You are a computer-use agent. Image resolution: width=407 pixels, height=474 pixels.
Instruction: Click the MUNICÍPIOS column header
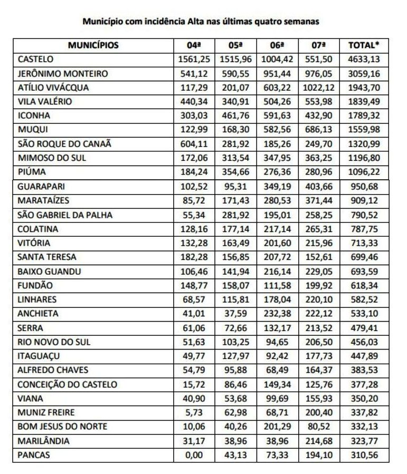(x=93, y=45)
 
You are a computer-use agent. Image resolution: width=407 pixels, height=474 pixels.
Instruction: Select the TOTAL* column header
(x=364, y=45)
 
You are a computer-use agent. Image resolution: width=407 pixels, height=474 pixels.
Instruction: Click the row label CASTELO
(x=35, y=60)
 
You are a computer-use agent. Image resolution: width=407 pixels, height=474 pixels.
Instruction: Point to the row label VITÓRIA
(x=34, y=243)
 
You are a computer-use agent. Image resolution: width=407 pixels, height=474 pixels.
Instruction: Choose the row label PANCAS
(x=34, y=454)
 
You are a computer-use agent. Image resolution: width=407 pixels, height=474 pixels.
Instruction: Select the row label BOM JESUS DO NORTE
(x=62, y=427)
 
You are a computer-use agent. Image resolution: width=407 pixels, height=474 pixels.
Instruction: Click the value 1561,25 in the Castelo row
(x=195, y=60)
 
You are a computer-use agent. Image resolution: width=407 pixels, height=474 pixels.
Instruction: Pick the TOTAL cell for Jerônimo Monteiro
(x=364, y=74)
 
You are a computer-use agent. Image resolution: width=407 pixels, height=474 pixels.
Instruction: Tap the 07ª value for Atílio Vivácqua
(x=319, y=88)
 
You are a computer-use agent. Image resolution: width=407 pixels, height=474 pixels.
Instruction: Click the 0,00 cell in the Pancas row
(x=195, y=454)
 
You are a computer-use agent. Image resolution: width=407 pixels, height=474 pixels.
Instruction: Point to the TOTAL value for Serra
(x=364, y=328)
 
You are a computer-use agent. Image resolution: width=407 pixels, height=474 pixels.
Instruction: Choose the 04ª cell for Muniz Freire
(x=195, y=412)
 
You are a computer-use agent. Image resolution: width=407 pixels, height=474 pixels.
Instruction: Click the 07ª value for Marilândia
(x=319, y=441)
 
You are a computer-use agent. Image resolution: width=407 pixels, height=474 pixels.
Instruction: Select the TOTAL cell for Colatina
(x=364, y=229)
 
